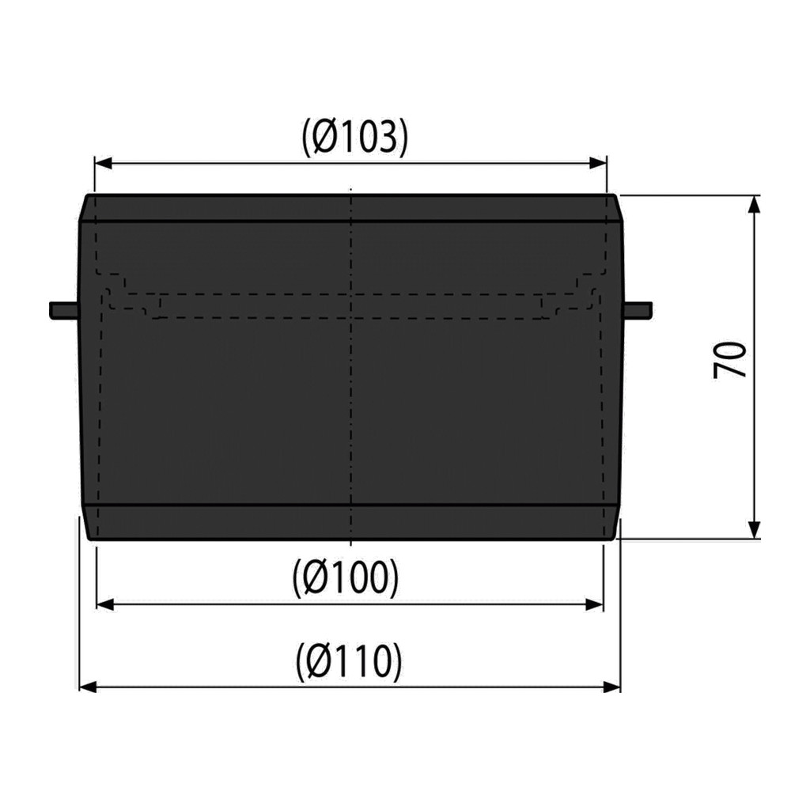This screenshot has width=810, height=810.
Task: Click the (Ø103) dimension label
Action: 355,138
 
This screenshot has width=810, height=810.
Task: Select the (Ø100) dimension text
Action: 345,577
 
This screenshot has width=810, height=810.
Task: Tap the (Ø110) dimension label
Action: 349,661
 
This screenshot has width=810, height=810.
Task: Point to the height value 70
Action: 730,360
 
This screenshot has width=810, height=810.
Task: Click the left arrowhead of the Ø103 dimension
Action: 104,164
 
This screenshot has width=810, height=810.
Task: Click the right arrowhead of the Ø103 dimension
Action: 598,164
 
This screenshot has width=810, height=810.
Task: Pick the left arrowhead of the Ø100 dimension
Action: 105,604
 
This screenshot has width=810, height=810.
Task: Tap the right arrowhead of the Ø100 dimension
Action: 595,604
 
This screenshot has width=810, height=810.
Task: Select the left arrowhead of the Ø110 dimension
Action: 88,687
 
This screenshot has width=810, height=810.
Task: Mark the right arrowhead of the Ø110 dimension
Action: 611,687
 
